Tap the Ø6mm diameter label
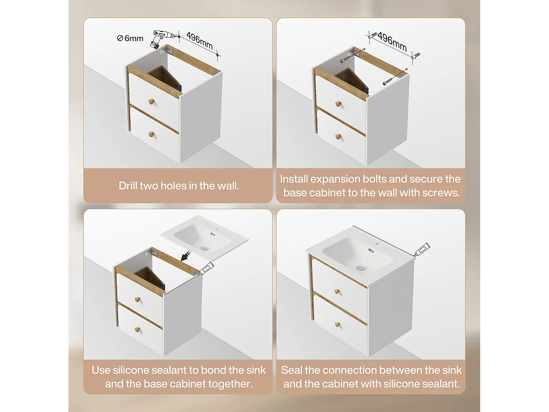tap(130, 38)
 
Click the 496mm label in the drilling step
tap(199, 41)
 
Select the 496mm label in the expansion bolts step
tap(392, 41)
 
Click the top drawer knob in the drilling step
tap(152, 101)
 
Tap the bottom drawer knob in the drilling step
tap(151, 134)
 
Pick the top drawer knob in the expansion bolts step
tap(339, 104)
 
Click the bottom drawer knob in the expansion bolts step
tap(338, 137)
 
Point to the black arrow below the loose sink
tap(186, 256)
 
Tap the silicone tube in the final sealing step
tap(422, 249)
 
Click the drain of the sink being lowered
tap(205, 248)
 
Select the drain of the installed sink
tap(361, 268)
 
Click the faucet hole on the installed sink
tap(377, 244)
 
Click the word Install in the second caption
tap(294, 179)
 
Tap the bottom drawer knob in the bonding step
tap(137, 330)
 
